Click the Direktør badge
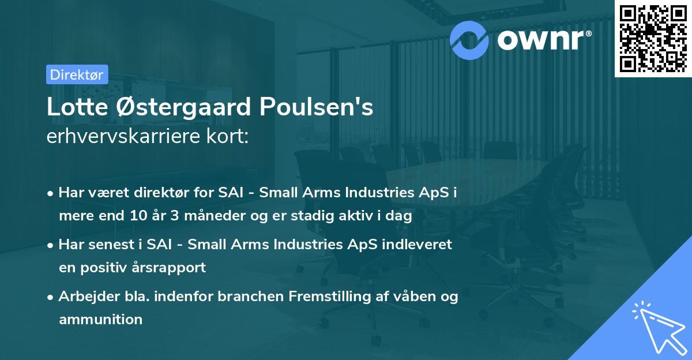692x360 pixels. pyautogui.click(x=77, y=74)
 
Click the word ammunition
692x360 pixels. pyautogui.click(x=100, y=319)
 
